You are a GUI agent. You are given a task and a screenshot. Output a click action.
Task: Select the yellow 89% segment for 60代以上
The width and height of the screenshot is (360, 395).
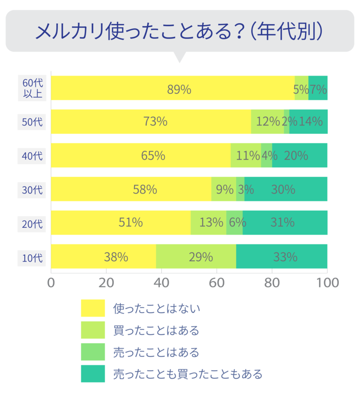pyautogui.click(x=173, y=88)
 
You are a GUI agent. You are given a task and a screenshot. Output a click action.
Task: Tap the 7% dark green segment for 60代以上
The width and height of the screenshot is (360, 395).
pyautogui.click(x=318, y=88)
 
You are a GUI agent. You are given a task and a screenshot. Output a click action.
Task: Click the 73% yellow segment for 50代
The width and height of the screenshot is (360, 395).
pyautogui.click(x=151, y=121)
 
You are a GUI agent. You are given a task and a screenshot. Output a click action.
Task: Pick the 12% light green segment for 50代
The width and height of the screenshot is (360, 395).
pyautogui.click(x=267, y=121)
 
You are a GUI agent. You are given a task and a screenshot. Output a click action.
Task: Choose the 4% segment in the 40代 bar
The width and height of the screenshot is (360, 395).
pyautogui.click(x=266, y=156)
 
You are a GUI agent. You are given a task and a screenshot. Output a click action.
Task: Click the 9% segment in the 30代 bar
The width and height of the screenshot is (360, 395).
pyautogui.click(x=223, y=189)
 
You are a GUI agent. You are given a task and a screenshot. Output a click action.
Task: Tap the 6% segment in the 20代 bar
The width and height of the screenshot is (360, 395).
pyautogui.click(x=234, y=223)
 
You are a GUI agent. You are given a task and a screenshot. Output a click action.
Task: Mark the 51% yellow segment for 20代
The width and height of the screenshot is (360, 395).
pyautogui.click(x=121, y=223)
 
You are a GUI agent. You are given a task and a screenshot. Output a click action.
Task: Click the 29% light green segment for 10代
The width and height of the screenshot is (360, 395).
pyautogui.click(x=196, y=257)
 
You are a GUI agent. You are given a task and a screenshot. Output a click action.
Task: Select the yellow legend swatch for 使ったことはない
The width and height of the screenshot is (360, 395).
pyautogui.click(x=93, y=308)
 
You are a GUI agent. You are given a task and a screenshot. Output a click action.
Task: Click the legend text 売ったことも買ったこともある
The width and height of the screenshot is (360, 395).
pyautogui.click(x=187, y=374)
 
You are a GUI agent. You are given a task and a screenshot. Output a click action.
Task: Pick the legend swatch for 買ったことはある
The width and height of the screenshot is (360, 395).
pyautogui.click(x=93, y=330)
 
